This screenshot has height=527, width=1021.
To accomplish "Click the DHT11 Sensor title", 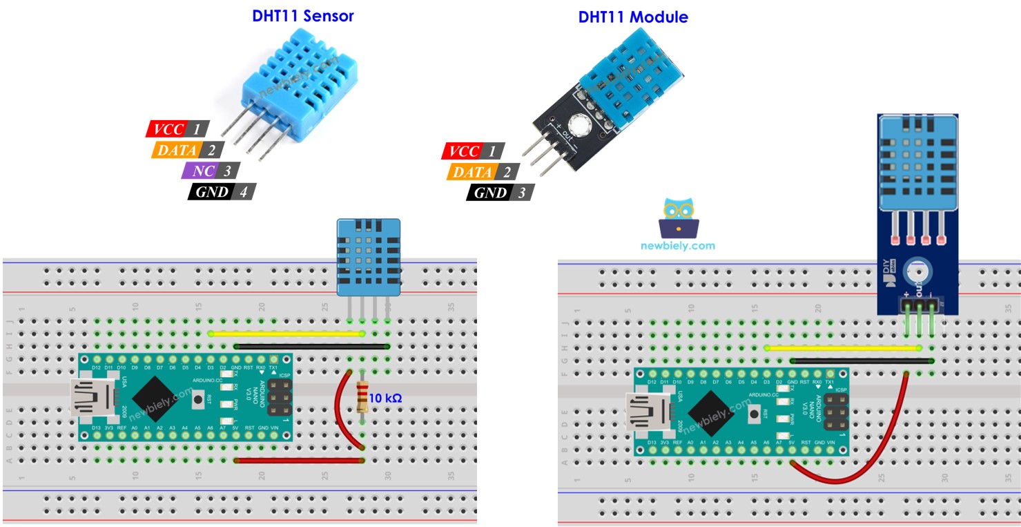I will [x=303, y=16].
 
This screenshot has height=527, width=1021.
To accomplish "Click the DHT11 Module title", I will [x=633, y=17].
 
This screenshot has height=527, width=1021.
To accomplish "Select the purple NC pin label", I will [x=211, y=171].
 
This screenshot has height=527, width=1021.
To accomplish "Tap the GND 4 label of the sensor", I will [x=222, y=191].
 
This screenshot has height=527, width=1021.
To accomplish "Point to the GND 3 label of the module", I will [x=500, y=193].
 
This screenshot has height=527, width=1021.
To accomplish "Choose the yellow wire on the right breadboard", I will [x=842, y=347].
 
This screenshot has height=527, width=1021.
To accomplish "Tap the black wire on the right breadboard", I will [x=862, y=360].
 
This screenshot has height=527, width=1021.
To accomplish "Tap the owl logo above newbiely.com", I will [x=677, y=217].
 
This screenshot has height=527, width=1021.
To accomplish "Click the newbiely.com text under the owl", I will [x=677, y=245].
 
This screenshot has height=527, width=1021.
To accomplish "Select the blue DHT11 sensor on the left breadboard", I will [x=368, y=256].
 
